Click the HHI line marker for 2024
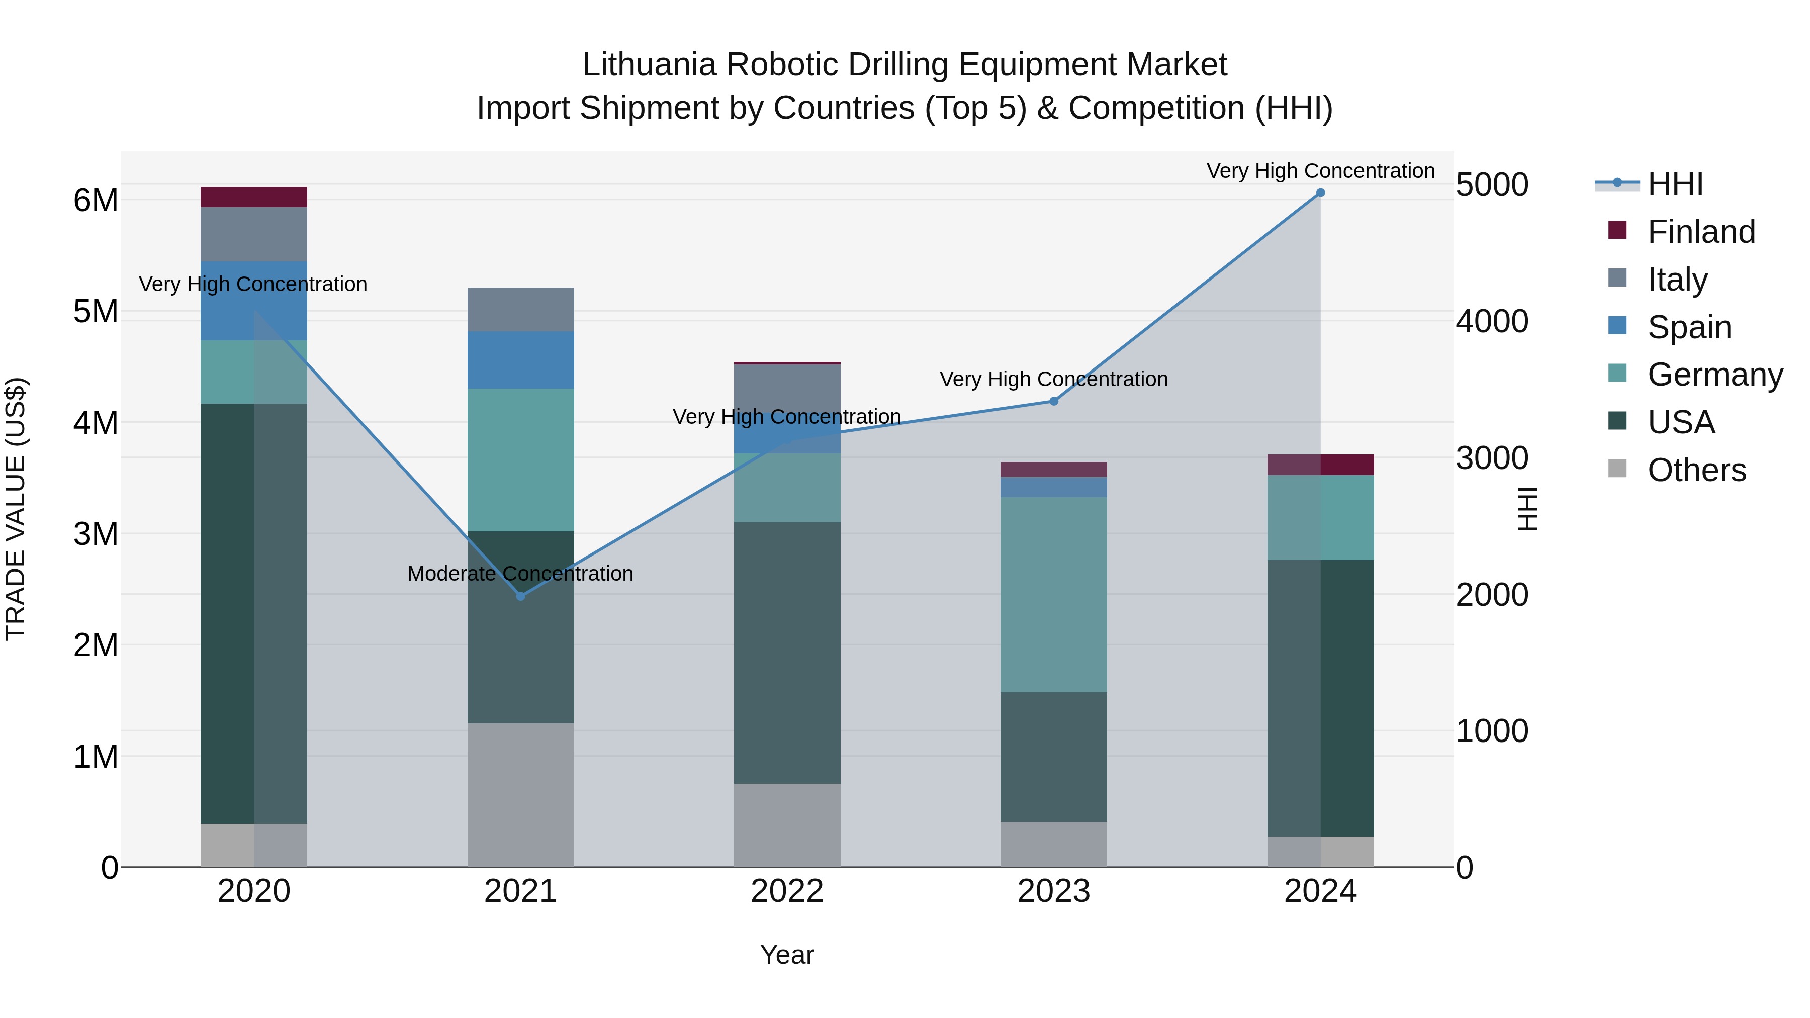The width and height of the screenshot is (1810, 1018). pyautogui.click(x=1320, y=193)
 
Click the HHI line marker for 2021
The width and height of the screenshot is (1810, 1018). pyautogui.click(x=521, y=596)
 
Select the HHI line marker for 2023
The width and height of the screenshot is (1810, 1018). pyautogui.click(x=1053, y=401)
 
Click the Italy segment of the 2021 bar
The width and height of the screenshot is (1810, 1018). pyautogui.click(x=521, y=309)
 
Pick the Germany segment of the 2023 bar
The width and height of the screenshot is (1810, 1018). pyautogui.click(x=1053, y=594)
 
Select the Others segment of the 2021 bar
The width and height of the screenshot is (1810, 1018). pyautogui.click(x=521, y=795)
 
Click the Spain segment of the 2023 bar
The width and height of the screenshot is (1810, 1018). pyautogui.click(x=1053, y=487)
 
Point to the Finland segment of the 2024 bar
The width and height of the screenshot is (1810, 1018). pyautogui.click(x=1320, y=465)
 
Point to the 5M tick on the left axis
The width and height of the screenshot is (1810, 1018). pyautogui.click(x=96, y=311)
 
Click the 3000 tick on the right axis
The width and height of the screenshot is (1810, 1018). pyautogui.click(x=1492, y=458)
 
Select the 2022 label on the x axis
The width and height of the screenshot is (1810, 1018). pyautogui.click(x=787, y=891)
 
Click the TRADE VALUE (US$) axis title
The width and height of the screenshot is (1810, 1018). pyautogui.click(x=16, y=509)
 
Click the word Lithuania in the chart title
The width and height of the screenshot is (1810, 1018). pyautogui.click(x=649, y=65)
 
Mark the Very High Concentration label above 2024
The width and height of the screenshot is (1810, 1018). pyautogui.click(x=1320, y=171)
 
